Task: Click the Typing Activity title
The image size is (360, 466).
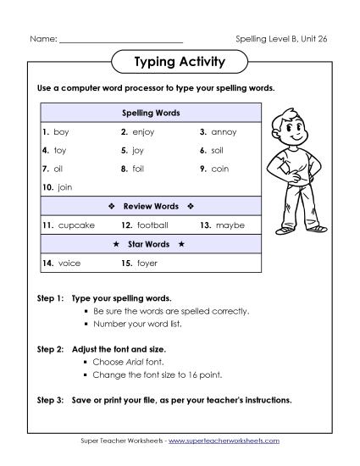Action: [x=180, y=62]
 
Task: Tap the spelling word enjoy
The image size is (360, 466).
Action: [x=144, y=132]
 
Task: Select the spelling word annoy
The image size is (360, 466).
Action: [x=224, y=132]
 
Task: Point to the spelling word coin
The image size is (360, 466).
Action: [x=220, y=169]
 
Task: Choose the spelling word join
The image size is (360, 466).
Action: [x=65, y=187]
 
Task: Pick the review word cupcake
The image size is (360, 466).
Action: [x=76, y=225]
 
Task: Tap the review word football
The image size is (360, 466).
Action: [x=152, y=225]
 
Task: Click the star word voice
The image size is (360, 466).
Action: [x=69, y=264]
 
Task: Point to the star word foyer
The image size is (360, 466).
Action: [x=147, y=264]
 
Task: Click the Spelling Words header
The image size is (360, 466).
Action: [x=151, y=113]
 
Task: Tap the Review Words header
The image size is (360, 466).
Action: [x=151, y=206]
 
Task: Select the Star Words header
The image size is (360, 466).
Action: [x=151, y=244]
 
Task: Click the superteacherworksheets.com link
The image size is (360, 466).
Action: [x=228, y=441]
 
